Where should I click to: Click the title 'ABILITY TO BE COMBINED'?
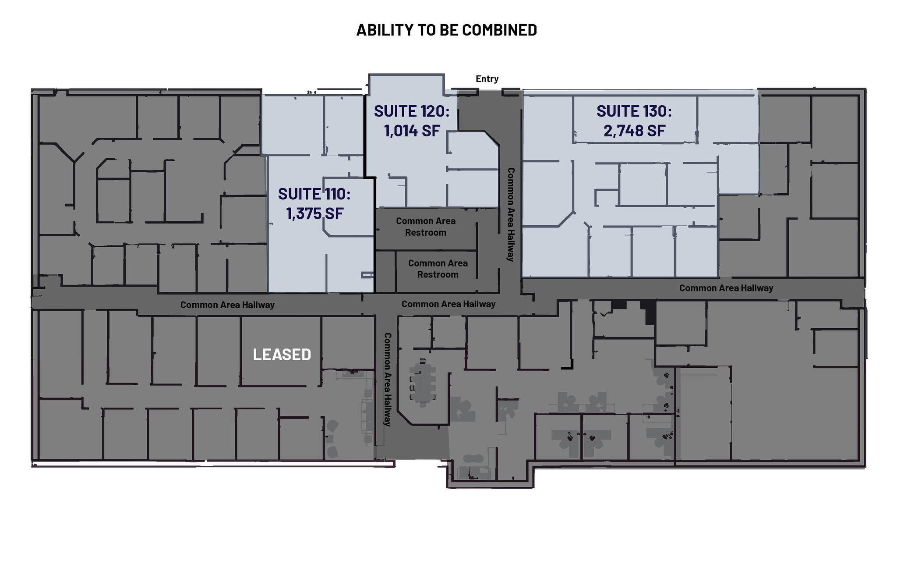click(446, 30)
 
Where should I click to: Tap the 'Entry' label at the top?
click(487, 79)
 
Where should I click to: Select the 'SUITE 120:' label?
click(412, 111)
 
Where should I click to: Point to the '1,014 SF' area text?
click(412, 131)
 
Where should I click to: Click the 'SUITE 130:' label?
click(634, 111)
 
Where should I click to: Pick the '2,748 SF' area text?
click(634, 131)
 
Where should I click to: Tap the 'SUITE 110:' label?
click(314, 194)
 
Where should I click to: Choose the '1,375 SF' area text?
click(315, 213)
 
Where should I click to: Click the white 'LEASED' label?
click(282, 354)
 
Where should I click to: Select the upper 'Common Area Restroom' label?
click(426, 227)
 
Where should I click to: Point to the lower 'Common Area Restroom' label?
click(438, 269)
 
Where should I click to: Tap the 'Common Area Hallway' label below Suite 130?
click(726, 288)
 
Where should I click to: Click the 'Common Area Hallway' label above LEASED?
click(227, 305)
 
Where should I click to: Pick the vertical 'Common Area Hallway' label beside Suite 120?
click(511, 215)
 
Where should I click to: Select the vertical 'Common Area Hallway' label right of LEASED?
click(387, 380)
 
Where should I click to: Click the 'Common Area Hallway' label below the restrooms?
click(448, 304)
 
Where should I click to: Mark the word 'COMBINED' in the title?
click(499, 30)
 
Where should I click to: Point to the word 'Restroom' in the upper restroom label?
click(426, 233)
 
